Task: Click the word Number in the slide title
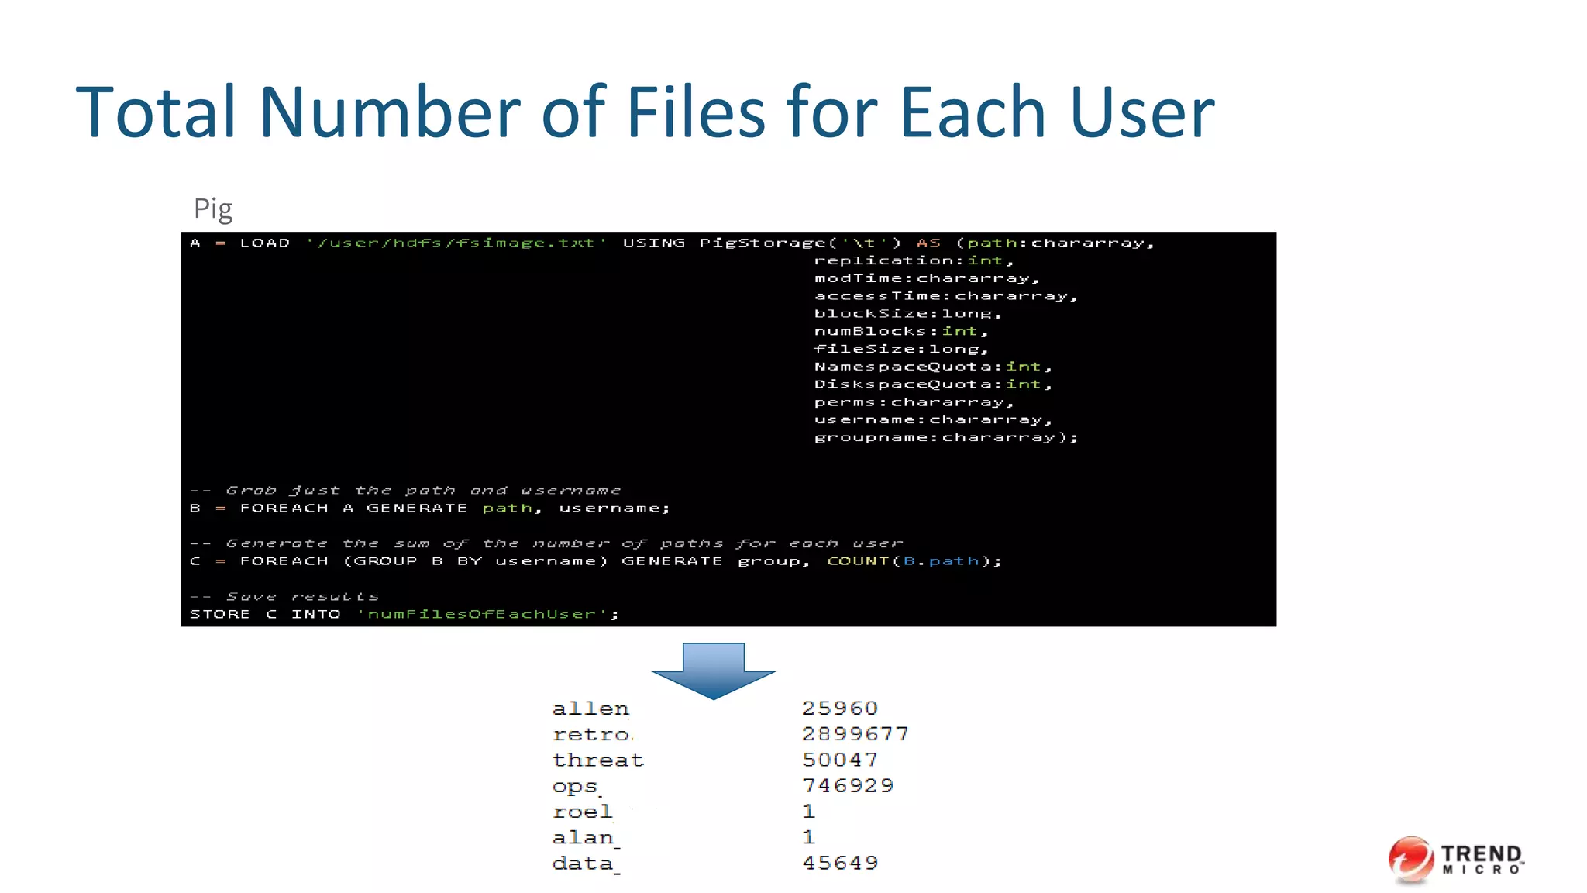coord(390,113)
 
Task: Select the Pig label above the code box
coord(212,209)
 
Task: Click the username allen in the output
coord(590,709)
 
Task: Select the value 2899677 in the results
coord(855,734)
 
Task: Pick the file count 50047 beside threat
coord(839,760)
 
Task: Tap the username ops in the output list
coord(575,786)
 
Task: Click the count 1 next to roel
coord(809,812)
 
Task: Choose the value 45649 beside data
coord(840,863)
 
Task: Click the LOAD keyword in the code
coord(265,243)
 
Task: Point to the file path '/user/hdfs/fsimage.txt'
coord(456,243)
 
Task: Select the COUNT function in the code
coord(858,560)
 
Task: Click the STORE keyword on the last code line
coord(220,614)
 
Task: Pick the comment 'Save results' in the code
coord(302,596)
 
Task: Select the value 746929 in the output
coord(847,786)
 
